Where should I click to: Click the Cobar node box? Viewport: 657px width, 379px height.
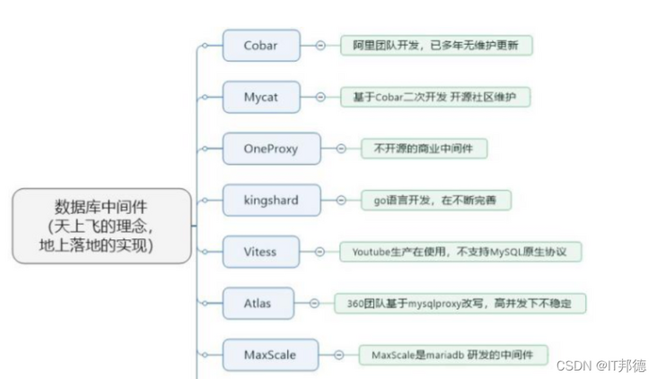point(260,45)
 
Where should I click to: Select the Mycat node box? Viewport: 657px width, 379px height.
point(260,96)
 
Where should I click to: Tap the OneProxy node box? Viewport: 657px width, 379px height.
point(271,148)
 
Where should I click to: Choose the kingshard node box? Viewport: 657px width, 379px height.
point(271,200)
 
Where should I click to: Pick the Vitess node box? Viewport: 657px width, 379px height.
point(260,252)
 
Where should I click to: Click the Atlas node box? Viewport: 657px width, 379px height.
point(257,303)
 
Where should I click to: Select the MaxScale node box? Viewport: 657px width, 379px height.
point(270,355)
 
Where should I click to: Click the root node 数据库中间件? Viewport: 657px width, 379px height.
point(103,225)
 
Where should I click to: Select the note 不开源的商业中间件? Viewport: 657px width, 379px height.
point(424,148)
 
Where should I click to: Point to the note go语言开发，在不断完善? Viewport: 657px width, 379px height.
point(436,200)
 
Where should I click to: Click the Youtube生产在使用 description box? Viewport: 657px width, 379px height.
point(460,252)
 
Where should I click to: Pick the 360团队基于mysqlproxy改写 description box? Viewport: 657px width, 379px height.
point(459,304)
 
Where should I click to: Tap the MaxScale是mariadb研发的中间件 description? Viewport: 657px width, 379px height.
point(452,355)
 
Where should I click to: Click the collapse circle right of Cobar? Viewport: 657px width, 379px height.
point(320,45)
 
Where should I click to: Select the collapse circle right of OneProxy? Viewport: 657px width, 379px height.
point(340,148)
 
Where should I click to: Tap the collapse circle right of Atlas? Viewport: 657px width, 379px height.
point(313,304)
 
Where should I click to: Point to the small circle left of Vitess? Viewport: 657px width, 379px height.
point(205,252)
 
